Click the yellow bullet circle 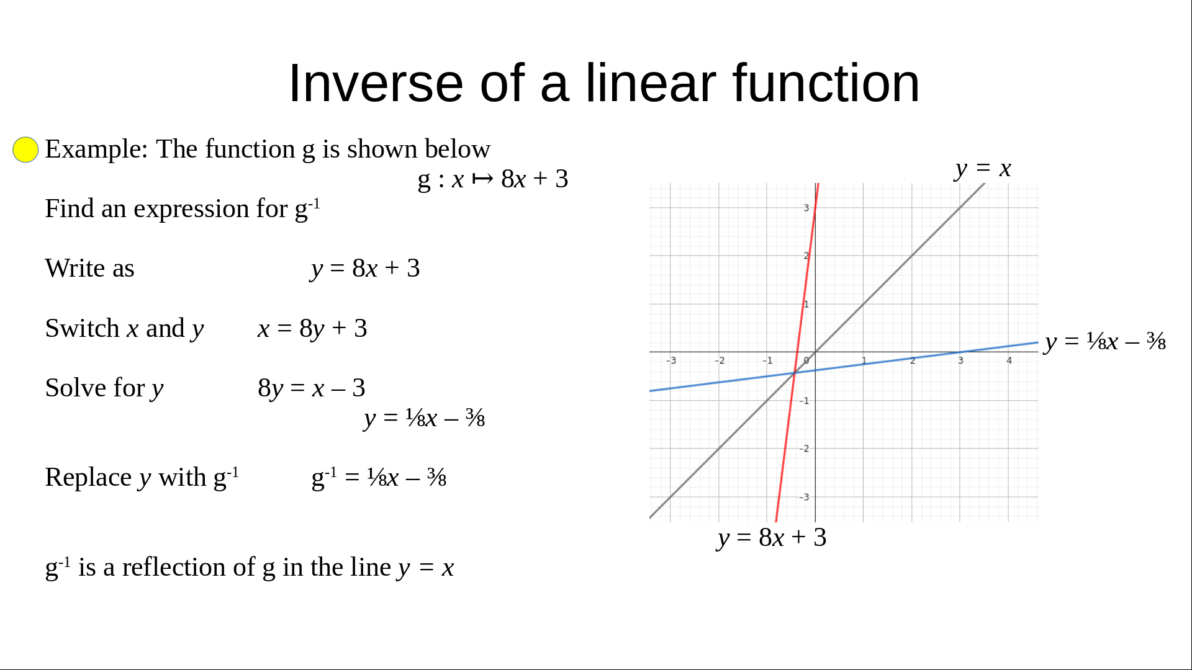click(25, 150)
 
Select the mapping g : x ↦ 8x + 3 click(493, 179)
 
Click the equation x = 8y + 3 click(312, 328)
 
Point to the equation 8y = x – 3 click(312, 388)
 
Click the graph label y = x click(983, 168)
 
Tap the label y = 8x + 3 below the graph click(772, 537)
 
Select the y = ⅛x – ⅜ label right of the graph click(1105, 341)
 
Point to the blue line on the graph click(844, 367)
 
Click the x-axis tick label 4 click(1009, 360)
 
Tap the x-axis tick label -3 click(671, 360)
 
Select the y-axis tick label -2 click(804, 449)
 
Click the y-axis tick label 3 click(806, 208)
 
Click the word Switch click(82, 328)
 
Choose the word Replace click(88, 478)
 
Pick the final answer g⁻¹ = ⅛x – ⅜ click(379, 478)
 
